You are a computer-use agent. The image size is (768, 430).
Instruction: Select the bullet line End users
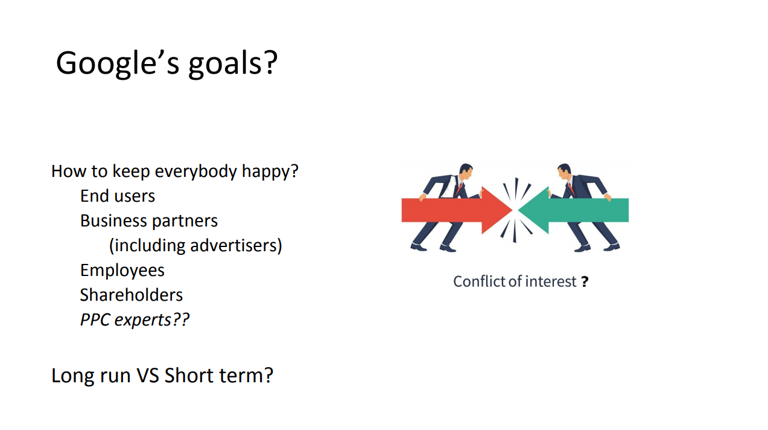[118, 196]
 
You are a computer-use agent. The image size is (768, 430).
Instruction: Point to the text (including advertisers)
[195, 246]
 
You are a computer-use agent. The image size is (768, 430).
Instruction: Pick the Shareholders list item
[132, 295]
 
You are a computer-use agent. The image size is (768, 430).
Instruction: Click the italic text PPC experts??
[135, 320]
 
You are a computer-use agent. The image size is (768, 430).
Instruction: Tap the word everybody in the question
[196, 172]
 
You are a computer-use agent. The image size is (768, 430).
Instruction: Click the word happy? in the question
[270, 172]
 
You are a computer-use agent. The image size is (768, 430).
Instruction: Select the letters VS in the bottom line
[148, 375]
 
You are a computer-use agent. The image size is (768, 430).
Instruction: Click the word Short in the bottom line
[189, 375]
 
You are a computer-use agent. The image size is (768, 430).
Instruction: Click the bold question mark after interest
[585, 282]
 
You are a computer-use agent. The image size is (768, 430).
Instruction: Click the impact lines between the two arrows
[515, 210]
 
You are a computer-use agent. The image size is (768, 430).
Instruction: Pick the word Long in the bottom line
[72, 376]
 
